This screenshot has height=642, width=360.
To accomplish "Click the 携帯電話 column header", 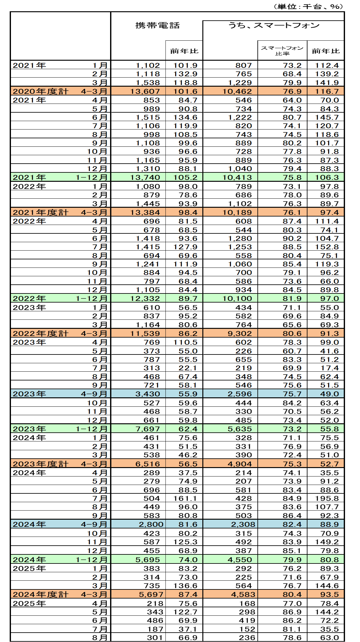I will click(x=157, y=26).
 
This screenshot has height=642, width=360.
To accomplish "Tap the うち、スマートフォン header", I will click(x=274, y=26).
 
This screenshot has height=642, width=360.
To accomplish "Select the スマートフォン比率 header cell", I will click(x=282, y=51).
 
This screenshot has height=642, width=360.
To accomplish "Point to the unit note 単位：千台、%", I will click(x=308, y=7).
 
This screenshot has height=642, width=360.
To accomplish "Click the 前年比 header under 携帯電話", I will click(x=184, y=51).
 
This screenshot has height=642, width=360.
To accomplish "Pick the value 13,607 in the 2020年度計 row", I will click(x=145, y=91).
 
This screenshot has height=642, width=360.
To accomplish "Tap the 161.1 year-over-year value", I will click(x=185, y=498).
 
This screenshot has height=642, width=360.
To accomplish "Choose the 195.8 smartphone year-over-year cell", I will click(x=327, y=498).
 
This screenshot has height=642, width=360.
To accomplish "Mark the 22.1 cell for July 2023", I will click(x=188, y=368).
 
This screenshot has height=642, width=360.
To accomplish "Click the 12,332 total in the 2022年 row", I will click(x=145, y=298).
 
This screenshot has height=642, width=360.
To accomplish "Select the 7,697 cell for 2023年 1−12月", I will click(x=148, y=429).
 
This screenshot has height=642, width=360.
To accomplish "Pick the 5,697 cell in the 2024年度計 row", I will click(x=151, y=594).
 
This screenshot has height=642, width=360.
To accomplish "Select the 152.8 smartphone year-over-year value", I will click(x=327, y=247).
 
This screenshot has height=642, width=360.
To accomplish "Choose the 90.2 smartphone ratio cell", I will click(x=292, y=238).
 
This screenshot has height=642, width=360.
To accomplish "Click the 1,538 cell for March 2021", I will click(x=148, y=83).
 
